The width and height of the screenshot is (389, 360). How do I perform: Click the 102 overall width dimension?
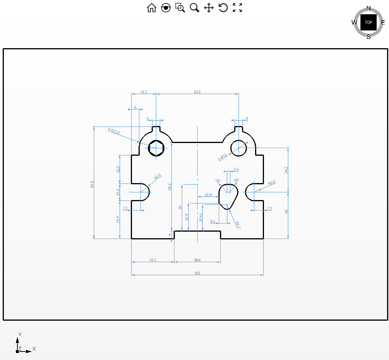pos(198,273)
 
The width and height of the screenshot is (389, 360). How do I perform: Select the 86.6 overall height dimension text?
pos(92,184)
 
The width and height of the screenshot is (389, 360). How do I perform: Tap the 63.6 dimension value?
pos(197,92)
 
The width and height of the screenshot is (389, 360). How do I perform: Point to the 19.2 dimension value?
pos(144,92)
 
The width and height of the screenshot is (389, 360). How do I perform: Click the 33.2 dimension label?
pos(153,260)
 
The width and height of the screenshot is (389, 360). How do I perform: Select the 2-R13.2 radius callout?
pos(114,131)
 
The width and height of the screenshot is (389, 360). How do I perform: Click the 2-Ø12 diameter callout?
pos(222,157)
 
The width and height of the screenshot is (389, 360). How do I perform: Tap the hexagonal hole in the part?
pos(156,147)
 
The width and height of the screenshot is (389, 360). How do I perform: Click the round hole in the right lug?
pos(238,148)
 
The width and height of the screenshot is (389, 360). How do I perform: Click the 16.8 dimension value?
pos(208,195)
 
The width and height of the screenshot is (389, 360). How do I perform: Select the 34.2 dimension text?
pos(286,170)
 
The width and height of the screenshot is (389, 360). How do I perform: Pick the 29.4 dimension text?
pos(118,220)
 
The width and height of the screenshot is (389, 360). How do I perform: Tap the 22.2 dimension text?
pos(118,169)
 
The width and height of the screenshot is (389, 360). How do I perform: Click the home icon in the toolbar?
pos(152,8)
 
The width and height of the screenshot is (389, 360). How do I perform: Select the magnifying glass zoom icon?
pos(194,8)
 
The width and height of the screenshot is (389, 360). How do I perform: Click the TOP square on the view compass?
pos(369,23)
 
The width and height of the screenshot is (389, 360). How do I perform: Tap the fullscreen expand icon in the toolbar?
pos(237,8)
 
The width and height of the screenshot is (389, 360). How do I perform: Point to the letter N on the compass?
pos(369,8)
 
